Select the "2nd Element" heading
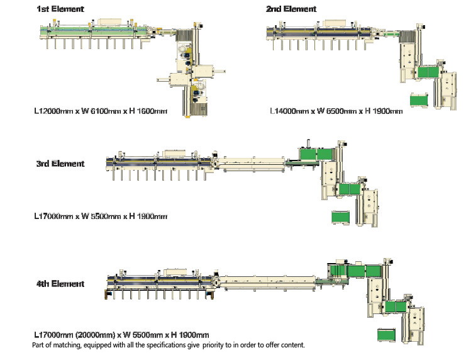tap(291, 9)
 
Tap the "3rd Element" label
tap(60, 164)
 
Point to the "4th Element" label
tap(60, 284)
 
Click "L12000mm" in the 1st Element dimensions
tap(53, 111)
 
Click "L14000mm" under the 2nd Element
tap(289, 111)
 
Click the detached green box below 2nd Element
tap(419, 99)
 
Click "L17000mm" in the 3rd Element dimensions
tap(53, 216)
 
